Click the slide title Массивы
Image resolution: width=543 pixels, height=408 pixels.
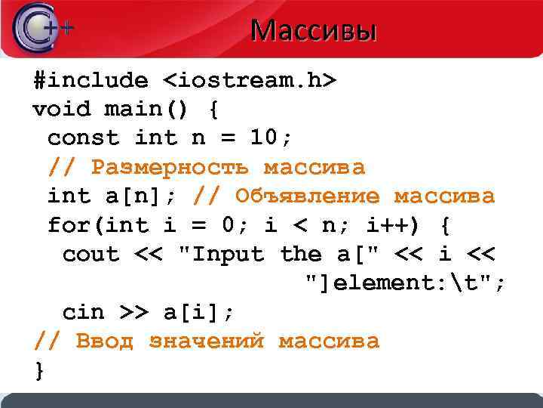pos(313,31)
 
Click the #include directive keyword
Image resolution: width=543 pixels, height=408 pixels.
pos(90,80)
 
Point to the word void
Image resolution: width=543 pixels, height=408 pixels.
pos(61,110)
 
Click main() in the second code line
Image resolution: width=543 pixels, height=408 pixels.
pos(149,110)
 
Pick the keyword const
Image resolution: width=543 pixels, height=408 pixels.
pos(83,138)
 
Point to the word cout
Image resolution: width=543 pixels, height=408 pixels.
pos(90,255)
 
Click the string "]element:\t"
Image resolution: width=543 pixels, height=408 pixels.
pos(403,283)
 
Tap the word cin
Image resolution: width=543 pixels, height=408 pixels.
pos(83,312)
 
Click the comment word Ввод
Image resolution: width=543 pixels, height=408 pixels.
pos(105,342)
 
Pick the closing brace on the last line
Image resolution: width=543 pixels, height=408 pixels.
pos(39,370)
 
